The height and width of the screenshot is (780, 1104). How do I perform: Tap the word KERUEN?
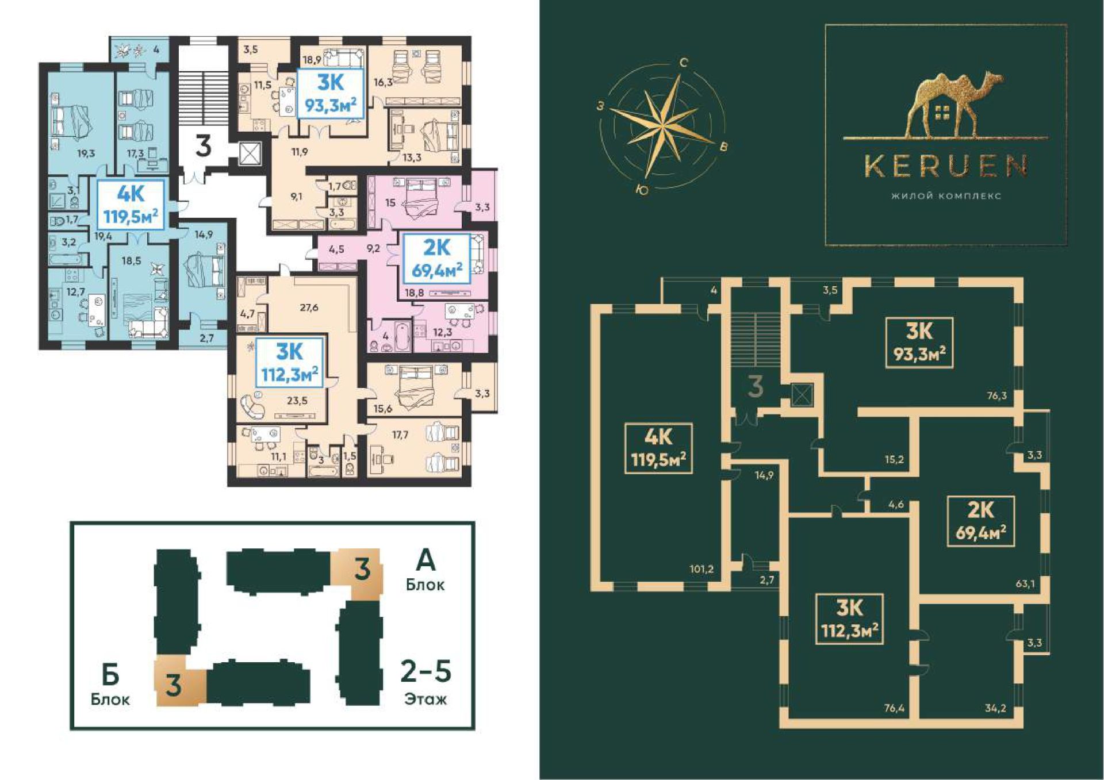click(x=946, y=166)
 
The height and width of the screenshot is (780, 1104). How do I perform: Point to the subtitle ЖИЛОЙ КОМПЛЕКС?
click(x=946, y=196)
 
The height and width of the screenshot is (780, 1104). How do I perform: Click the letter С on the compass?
click(x=684, y=63)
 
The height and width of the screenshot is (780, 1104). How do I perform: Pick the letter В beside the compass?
click(x=723, y=147)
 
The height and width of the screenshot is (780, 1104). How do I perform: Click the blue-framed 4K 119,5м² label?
click(x=131, y=205)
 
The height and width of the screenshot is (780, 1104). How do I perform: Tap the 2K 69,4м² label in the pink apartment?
click(x=437, y=258)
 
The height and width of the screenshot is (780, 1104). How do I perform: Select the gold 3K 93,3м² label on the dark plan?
click(x=919, y=342)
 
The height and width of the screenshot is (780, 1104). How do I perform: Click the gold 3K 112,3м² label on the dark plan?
click(x=849, y=618)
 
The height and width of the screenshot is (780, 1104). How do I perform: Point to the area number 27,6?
click(x=309, y=308)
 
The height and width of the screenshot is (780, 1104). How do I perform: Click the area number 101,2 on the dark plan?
click(x=701, y=569)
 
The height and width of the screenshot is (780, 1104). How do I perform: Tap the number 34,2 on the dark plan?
click(x=995, y=708)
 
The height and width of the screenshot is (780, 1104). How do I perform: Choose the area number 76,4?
click(x=894, y=708)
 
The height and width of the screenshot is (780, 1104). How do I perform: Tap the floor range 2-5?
click(x=425, y=671)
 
